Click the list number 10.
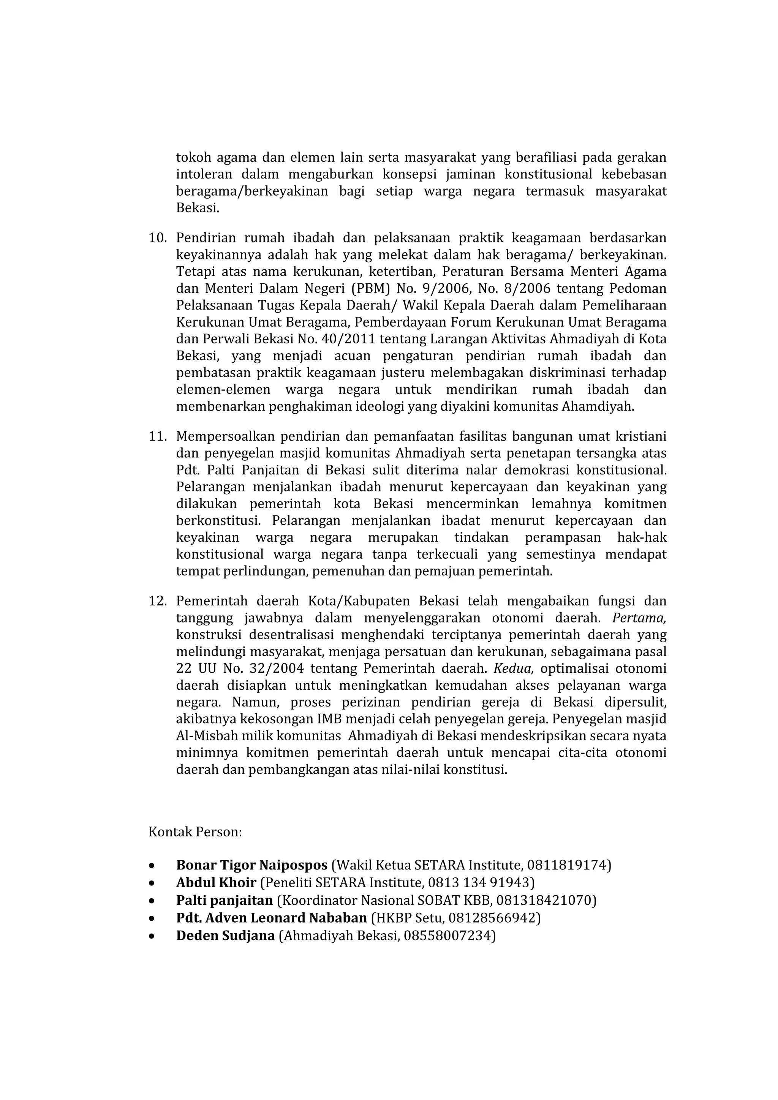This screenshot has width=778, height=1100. coord(158,238)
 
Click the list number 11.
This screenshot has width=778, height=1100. coord(158,436)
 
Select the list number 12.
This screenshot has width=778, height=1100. coord(158,601)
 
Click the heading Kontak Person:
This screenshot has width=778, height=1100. coord(195,832)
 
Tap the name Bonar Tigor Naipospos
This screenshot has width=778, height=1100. coord(251,865)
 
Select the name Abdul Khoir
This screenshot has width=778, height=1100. coord(216,882)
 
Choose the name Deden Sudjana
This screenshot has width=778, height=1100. coord(225,935)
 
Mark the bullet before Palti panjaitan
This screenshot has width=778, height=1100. coord(152,901)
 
